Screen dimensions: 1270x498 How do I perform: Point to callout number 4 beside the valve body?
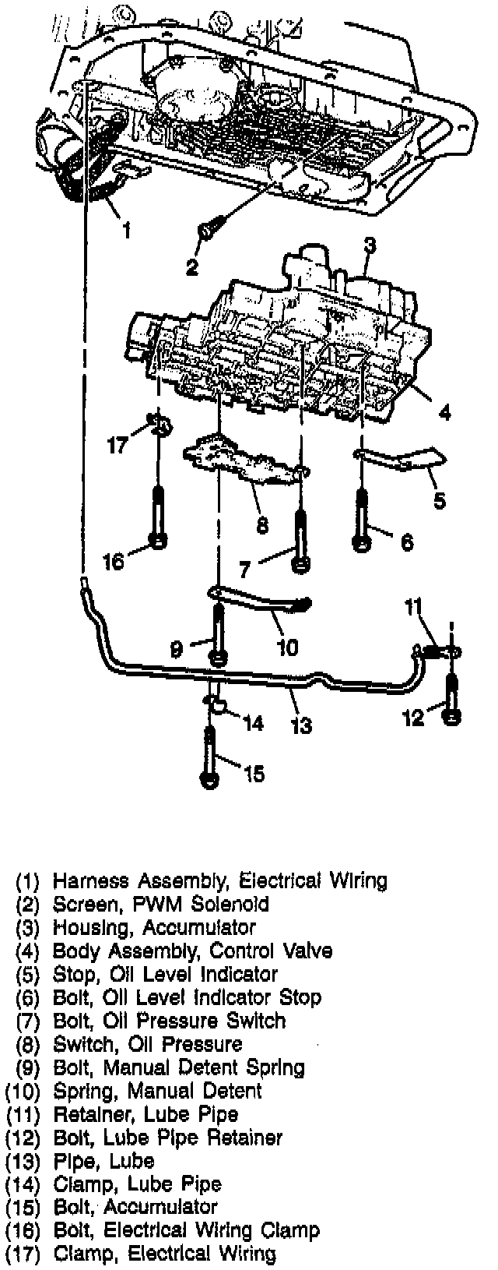pos(444,414)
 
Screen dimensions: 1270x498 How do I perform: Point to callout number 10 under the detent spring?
pos(287,647)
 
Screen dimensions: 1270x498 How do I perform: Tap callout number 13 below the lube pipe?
pos(301,725)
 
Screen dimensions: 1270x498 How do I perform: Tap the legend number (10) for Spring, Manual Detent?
pos(22,1091)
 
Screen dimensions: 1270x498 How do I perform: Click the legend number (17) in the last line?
pos(22,1254)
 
